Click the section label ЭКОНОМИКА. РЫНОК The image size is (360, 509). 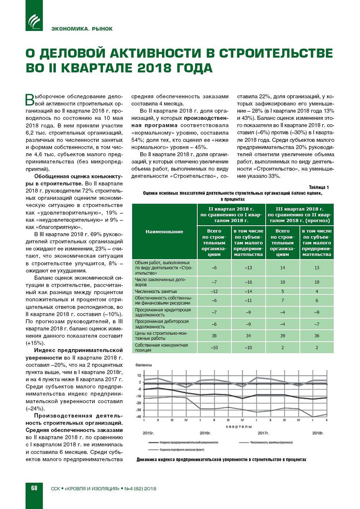click(x=82, y=29)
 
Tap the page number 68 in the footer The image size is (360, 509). click(x=34, y=488)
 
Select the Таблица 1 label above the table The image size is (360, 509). click(x=318, y=187)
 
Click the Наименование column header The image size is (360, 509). click(x=164, y=232)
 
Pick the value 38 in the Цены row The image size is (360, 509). click(x=214, y=336)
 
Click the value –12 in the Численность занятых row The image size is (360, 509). click(x=214, y=291)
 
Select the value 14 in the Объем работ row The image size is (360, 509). click(x=282, y=268)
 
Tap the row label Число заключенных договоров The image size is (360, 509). click(x=160, y=282)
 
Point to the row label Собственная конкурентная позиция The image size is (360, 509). click(x=161, y=348)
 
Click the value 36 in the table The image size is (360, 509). click(x=317, y=336)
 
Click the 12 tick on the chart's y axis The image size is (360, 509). click(x=139, y=376)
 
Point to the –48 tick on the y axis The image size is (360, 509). click(x=138, y=417)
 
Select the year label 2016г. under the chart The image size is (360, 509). click(x=205, y=433)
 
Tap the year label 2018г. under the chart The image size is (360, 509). click(x=317, y=433)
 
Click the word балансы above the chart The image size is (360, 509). click(x=144, y=365)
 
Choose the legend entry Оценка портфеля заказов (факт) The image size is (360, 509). click(x=182, y=449)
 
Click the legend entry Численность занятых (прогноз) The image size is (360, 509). click(x=271, y=442)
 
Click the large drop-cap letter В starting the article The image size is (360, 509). click(x=30, y=99)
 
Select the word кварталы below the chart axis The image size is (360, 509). click(x=239, y=427)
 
